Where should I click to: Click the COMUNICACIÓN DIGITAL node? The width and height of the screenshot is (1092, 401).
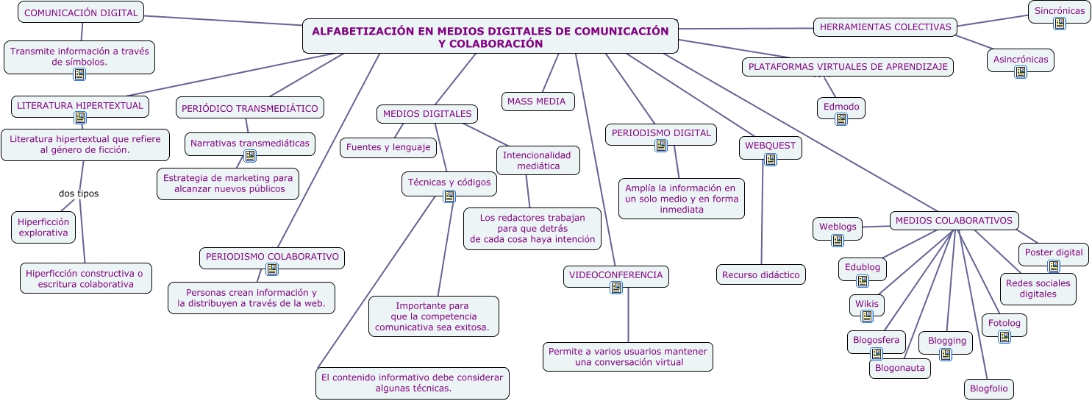[81, 13]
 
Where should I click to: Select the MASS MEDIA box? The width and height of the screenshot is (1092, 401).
[537, 102]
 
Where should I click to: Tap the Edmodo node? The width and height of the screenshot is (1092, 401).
[841, 107]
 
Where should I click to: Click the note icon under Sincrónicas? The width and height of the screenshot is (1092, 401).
[1059, 24]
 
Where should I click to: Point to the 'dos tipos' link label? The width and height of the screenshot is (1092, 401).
[79, 194]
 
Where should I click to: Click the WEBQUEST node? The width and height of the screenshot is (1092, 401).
[770, 145]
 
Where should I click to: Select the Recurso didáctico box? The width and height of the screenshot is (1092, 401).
[760, 274]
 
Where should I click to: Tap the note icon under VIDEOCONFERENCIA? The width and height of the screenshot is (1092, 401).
[616, 288]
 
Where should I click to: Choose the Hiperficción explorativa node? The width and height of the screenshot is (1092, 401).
[43, 227]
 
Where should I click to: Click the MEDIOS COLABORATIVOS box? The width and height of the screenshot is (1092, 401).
[954, 220]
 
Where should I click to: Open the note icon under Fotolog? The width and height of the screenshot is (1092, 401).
[1004, 337]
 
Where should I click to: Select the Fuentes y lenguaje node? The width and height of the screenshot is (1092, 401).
[388, 147]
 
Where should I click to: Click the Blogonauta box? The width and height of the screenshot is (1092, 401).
[899, 368]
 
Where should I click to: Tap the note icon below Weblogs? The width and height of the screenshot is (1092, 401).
[838, 240]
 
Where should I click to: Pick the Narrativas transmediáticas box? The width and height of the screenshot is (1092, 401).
[250, 143]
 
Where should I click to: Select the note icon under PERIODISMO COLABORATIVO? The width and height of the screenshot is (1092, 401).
[272, 269]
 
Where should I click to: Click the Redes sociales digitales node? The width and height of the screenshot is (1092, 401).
[1038, 288]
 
